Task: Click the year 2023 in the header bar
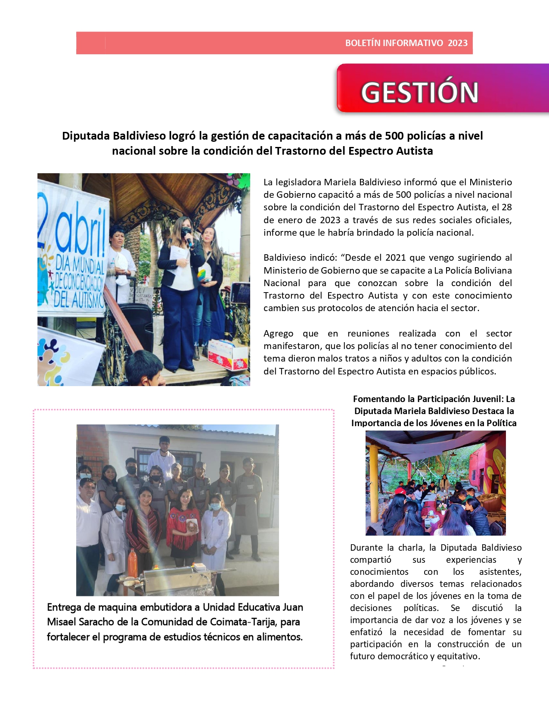click(457, 43)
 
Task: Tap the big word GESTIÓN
click(419, 92)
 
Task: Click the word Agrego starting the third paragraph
click(278, 334)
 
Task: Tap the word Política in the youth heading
click(501, 423)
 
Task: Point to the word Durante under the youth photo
click(366, 548)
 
